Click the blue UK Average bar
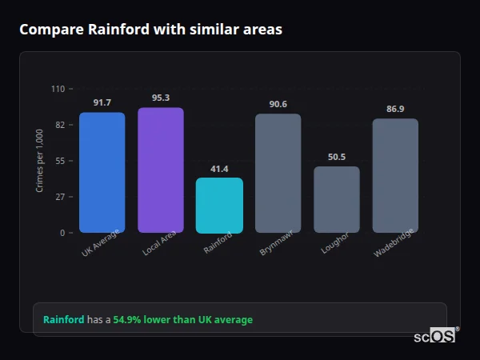click(102, 172)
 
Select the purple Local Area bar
click(160, 170)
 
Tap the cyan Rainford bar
click(219, 205)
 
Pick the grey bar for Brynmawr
click(278, 173)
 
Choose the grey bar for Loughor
click(336, 199)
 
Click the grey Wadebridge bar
click(395, 175)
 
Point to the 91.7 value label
click(102, 102)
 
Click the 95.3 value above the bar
click(160, 98)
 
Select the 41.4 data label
click(219, 169)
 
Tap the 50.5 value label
click(336, 157)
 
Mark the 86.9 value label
click(395, 109)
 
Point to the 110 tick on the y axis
click(58, 89)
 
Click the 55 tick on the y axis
click(60, 161)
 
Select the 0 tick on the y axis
click(62, 233)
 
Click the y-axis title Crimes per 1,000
click(40, 161)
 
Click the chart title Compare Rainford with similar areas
click(150, 30)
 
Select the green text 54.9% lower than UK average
click(182, 320)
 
